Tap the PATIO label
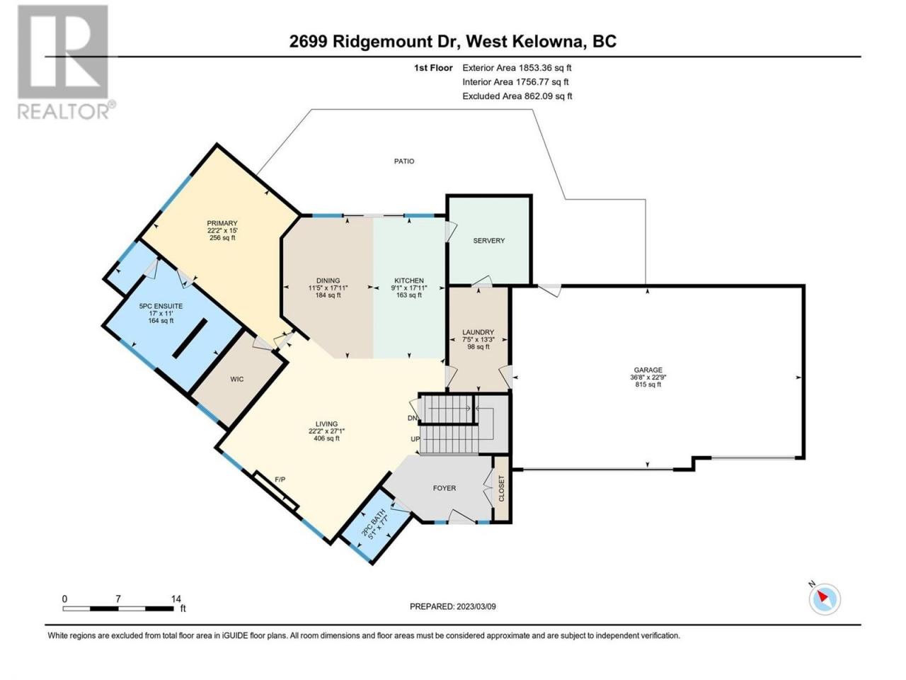(403, 161)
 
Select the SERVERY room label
(488, 240)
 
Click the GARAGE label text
(648, 370)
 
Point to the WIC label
(237, 379)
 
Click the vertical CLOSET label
(502, 489)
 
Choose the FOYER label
(444, 488)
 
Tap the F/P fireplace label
(280, 480)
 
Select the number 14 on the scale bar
(176, 599)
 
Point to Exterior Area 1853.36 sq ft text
(517, 68)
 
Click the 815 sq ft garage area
(648, 385)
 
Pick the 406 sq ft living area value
(326, 438)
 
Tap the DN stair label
(413, 418)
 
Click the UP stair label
(415, 439)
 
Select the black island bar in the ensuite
(189, 338)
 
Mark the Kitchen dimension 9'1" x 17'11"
(408, 288)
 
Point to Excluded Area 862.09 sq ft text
(517, 96)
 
